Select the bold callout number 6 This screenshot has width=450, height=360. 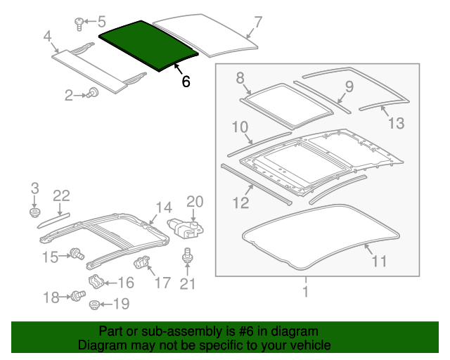click(x=186, y=82)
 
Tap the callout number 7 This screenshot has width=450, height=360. click(x=258, y=22)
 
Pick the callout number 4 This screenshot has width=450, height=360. click(x=47, y=36)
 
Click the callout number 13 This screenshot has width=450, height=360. click(x=396, y=124)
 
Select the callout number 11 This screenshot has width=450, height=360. click(x=379, y=262)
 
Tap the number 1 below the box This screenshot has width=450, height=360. click(x=305, y=291)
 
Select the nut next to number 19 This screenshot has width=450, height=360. click(x=94, y=304)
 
